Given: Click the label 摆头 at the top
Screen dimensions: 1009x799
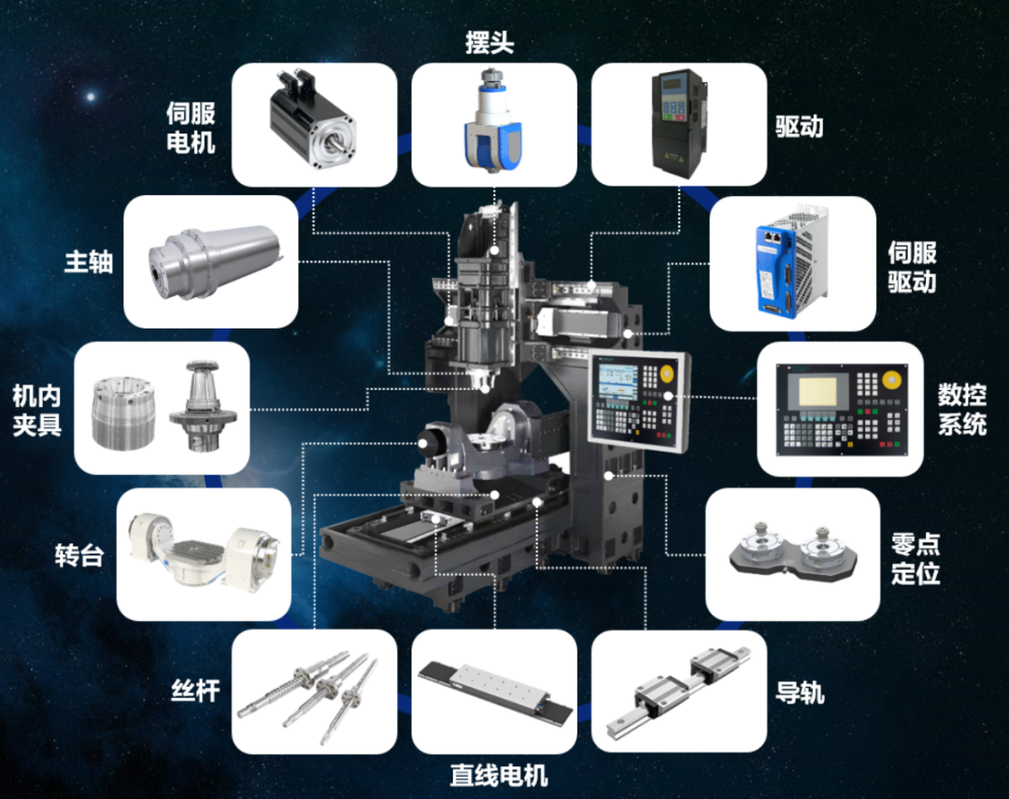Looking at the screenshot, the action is [x=490, y=43].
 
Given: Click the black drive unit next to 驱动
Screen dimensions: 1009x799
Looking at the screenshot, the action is [x=679, y=123].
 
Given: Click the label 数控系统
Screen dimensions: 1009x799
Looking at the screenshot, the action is [x=962, y=409].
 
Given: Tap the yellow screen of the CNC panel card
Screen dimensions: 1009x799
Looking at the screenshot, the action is [x=817, y=392].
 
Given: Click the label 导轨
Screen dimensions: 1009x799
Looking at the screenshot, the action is [x=800, y=693].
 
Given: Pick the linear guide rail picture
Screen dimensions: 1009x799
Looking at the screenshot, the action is [x=679, y=693].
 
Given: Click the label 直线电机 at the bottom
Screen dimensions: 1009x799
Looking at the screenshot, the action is [x=499, y=776].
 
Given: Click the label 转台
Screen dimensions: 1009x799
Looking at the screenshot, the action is [x=79, y=555].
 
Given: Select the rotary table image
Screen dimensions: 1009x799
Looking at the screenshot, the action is [x=203, y=552].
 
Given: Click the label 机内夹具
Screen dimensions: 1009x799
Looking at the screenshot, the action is [x=36, y=410].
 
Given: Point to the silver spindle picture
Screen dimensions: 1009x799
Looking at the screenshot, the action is [x=216, y=261].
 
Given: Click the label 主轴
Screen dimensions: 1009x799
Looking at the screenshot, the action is [x=89, y=261].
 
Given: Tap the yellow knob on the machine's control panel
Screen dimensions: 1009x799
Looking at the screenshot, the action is [x=667, y=372].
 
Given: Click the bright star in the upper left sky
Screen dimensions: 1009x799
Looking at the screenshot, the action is [x=91, y=97].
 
